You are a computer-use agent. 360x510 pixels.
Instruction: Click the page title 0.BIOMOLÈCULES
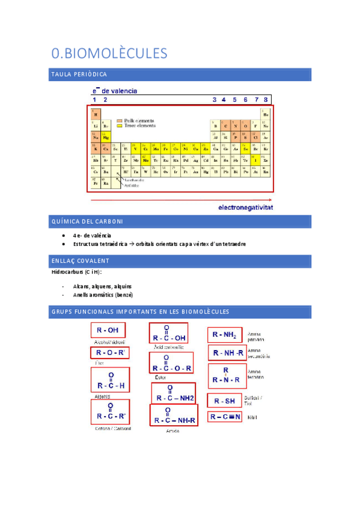109,54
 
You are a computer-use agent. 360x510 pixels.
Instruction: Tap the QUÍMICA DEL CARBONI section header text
88,222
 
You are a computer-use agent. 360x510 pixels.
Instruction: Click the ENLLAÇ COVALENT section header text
81,260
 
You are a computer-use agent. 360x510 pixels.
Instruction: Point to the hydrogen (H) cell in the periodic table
95,113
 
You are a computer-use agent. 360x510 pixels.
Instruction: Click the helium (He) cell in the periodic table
266,113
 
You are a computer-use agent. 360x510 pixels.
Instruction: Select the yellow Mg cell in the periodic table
106,137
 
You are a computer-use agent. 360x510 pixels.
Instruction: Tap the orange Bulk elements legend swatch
120,120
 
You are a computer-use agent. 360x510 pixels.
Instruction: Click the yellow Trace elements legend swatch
120,126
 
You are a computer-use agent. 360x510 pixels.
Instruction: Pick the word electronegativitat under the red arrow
245,207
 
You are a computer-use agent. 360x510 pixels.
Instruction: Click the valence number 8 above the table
266,99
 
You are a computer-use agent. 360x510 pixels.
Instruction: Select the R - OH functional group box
108,330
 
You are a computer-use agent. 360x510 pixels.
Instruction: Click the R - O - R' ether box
109,353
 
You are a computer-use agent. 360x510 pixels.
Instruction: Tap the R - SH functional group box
225,400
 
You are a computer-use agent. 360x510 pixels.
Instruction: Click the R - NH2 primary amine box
225,335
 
